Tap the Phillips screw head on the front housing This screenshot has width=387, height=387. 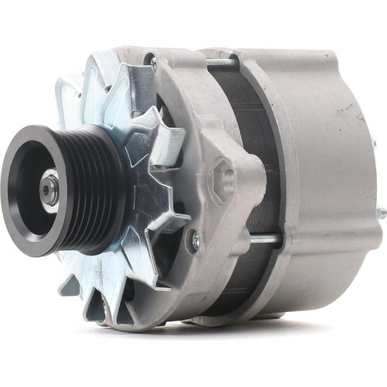pyautogui.click(x=193, y=242)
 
